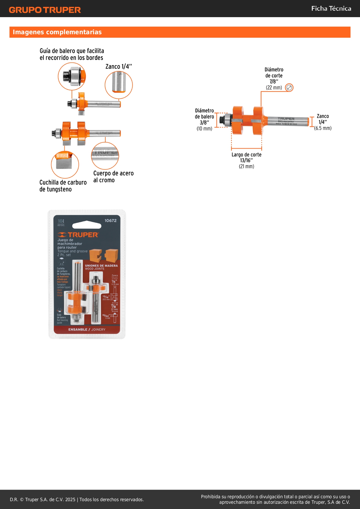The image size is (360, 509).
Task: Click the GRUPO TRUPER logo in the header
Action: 45,10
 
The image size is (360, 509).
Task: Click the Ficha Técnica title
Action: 331,8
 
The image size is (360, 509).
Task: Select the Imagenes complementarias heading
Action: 57,32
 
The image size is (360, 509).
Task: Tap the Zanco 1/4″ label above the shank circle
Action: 118,66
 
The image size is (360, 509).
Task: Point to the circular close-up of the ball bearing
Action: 72,76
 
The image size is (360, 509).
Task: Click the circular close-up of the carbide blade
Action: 65,164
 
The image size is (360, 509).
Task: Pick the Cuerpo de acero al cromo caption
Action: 113,176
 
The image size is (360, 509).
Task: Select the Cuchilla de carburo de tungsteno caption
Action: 63,186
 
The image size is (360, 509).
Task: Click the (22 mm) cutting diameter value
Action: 274,88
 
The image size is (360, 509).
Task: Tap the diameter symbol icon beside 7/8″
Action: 289,88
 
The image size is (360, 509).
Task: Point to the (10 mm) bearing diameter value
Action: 204,129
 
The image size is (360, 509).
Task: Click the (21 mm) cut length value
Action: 246,166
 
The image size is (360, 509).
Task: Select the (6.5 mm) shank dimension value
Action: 323,128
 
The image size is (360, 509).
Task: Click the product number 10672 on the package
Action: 111,221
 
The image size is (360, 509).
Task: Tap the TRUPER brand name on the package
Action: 83,235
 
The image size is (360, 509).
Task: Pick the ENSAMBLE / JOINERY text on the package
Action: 87,330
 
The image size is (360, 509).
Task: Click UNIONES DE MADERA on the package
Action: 101,266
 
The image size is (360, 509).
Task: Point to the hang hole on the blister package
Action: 86,225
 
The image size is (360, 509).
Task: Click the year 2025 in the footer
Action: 70,499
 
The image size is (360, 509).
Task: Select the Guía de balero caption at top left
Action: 72,54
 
